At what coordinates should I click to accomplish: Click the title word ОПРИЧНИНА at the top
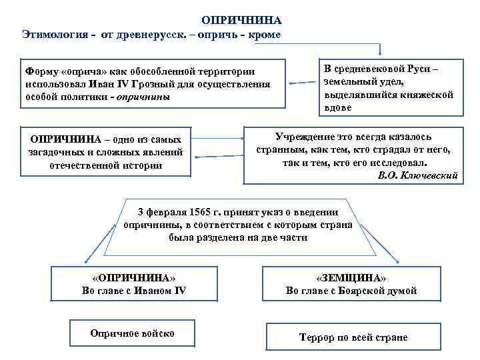(x=242, y=21)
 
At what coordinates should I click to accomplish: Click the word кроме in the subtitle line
(x=265, y=34)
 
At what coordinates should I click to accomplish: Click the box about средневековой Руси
(x=387, y=86)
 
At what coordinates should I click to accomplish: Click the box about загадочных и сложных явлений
(x=105, y=152)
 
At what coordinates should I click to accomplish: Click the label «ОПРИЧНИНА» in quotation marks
(x=133, y=277)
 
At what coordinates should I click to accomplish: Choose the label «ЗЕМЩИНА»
(x=351, y=277)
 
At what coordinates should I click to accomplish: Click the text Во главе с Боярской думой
(x=351, y=290)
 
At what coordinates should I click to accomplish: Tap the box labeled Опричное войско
(x=132, y=333)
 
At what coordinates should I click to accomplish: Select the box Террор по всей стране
(x=353, y=337)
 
